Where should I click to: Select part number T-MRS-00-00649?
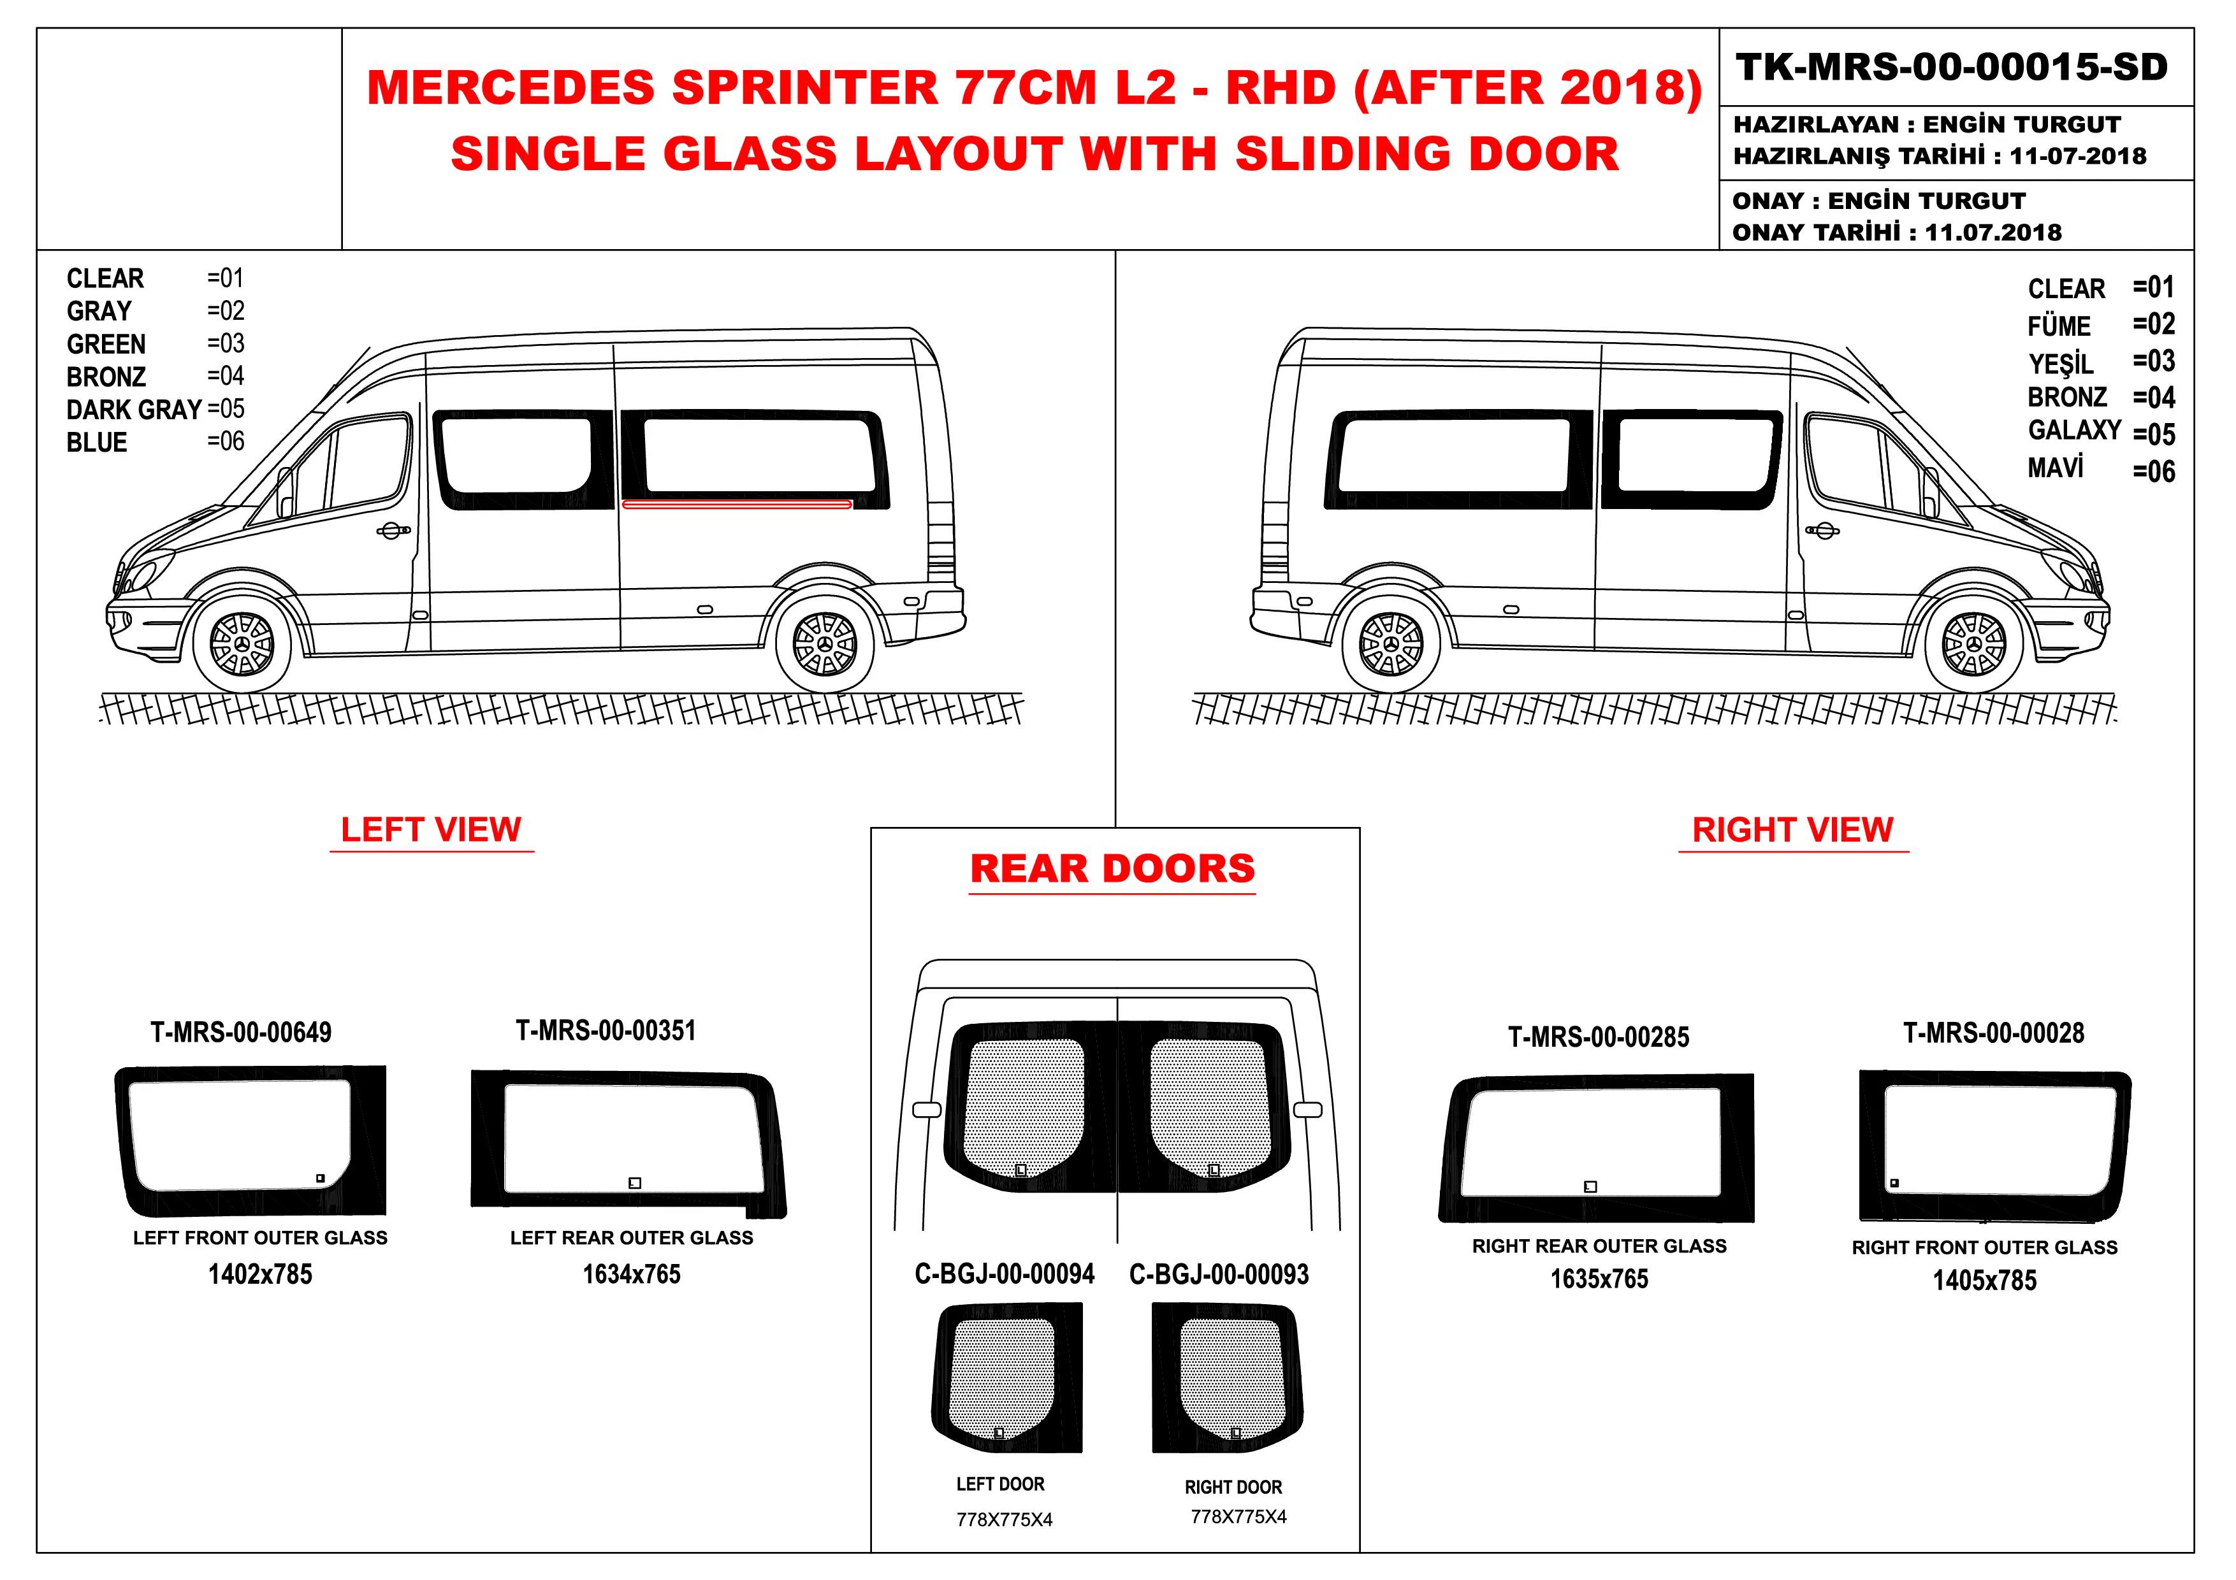[x=240, y=1032]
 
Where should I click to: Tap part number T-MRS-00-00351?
[x=606, y=1030]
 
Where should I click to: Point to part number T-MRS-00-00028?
[x=1994, y=1033]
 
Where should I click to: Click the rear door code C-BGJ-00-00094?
[x=1004, y=1274]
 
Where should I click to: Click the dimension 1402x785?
[x=260, y=1274]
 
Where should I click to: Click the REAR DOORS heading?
[x=1112, y=868]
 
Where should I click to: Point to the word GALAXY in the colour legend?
[x=2074, y=430]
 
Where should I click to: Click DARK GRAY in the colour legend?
[x=133, y=410]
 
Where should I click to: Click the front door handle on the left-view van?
[x=393, y=531]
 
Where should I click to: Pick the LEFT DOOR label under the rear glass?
[x=1000, y=1484]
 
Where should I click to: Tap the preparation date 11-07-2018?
[x=2077, y=155]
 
